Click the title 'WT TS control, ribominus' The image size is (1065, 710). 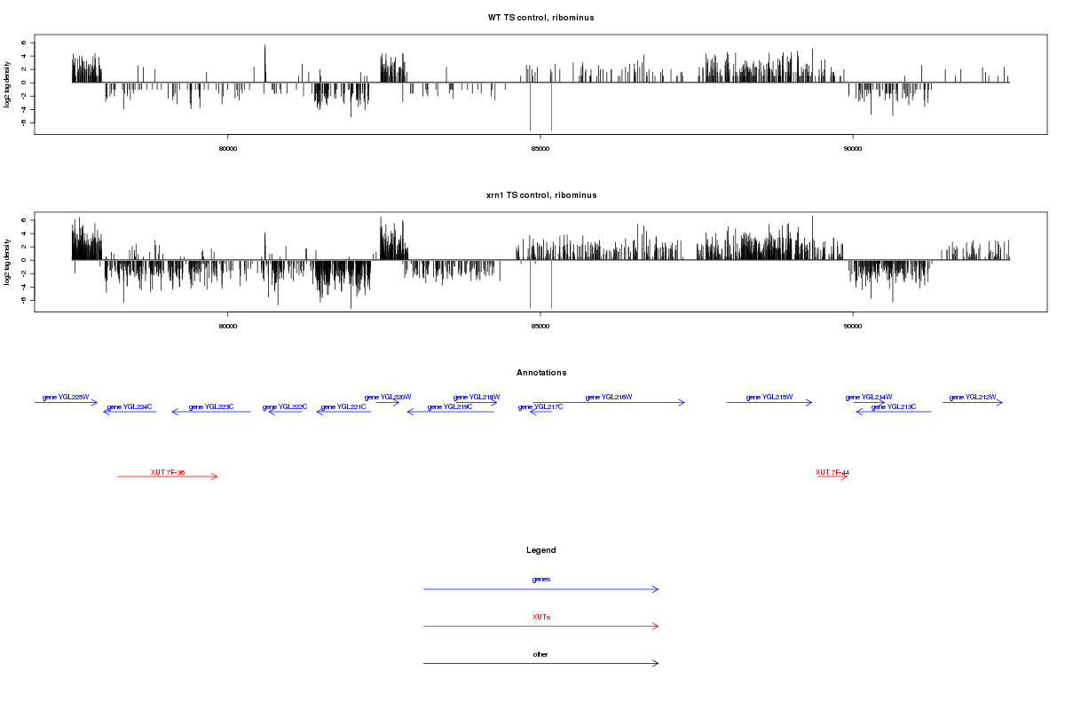541,18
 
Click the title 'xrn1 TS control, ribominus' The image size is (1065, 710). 541,194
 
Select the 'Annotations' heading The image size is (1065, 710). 541,373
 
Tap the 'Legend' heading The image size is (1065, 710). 541,550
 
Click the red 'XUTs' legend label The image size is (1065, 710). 541,617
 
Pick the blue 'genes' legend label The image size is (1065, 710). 541,580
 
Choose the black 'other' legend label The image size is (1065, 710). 541,654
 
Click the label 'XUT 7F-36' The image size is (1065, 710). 168,472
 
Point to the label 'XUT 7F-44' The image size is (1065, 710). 832,472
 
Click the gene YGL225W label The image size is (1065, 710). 66,397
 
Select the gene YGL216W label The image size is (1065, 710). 609,397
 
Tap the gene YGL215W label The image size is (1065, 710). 769,397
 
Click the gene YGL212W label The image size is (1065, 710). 973,397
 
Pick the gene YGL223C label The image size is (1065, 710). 211,406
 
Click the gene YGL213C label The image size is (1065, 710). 894,406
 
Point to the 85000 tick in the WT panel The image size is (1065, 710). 540,148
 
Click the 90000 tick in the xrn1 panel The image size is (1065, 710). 853,326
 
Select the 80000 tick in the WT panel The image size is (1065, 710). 228,148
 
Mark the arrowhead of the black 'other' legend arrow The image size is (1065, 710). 657,663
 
